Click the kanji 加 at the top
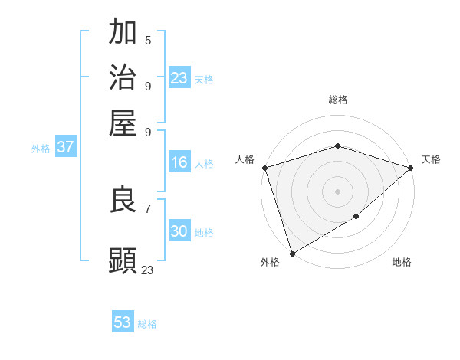[x=123, y=33]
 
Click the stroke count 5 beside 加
[x=148, y=41]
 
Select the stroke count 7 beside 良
[x=148, y=208]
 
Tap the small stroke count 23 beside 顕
[x=148, y=269]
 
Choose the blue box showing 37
[x=65, y=148]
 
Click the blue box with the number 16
[x=179, y=162]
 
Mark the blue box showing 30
[x=179, y=231]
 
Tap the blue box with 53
[x=123, y=322]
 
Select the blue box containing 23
[x=179, y=78]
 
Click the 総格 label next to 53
[x=148, y=324]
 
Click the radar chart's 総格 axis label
[x=338, y=100]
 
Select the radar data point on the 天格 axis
[x=410, y=168]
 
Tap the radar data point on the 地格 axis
[x=356, y=218]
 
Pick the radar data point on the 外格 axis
[x=292, y=253]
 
